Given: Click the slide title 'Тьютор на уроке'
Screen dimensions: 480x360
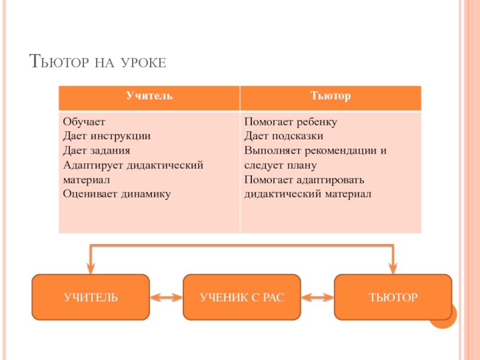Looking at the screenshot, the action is pyautogui.click(x=97, y=62).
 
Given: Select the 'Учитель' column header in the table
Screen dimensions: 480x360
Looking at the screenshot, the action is pyautogui.click(x=149, y=96).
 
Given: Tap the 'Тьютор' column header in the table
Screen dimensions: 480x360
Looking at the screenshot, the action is pyautogui.click(x=330, y=96).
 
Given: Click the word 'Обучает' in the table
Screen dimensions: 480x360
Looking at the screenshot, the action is pyautogui.click(x=84, y=122).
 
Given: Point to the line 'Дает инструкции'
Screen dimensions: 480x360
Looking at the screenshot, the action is pyautogui.click(x=106, y=136).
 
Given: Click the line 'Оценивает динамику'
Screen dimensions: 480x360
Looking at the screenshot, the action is pyautogui.click(x=116, y=194).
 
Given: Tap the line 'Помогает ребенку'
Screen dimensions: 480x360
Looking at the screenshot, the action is pyautogui.click(x=291, y=122).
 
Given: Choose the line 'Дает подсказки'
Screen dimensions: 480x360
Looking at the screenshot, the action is pyautogui.click(x=284, y=136).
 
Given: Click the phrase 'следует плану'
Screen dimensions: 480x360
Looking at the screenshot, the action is pyautogui.click(x=280, y=165).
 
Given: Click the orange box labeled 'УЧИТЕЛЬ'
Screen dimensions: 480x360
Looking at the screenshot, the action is pyautogui.click(x=91, y=297).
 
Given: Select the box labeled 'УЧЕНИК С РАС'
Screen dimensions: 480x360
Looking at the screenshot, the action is pyautogui.click(x=242, y=297).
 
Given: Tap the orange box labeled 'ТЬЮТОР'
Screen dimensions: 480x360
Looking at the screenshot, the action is pyautogui.click(x=393, y=297).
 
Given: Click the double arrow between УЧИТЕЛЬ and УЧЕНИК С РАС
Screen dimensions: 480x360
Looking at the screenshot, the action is pyautogui.click(x=166, y=297).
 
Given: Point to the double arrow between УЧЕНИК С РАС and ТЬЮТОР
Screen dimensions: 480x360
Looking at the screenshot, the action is pyautogui.click(x=317, y=297).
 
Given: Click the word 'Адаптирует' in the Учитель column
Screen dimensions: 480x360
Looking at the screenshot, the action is pyautogui.click(x=89, y=165).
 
